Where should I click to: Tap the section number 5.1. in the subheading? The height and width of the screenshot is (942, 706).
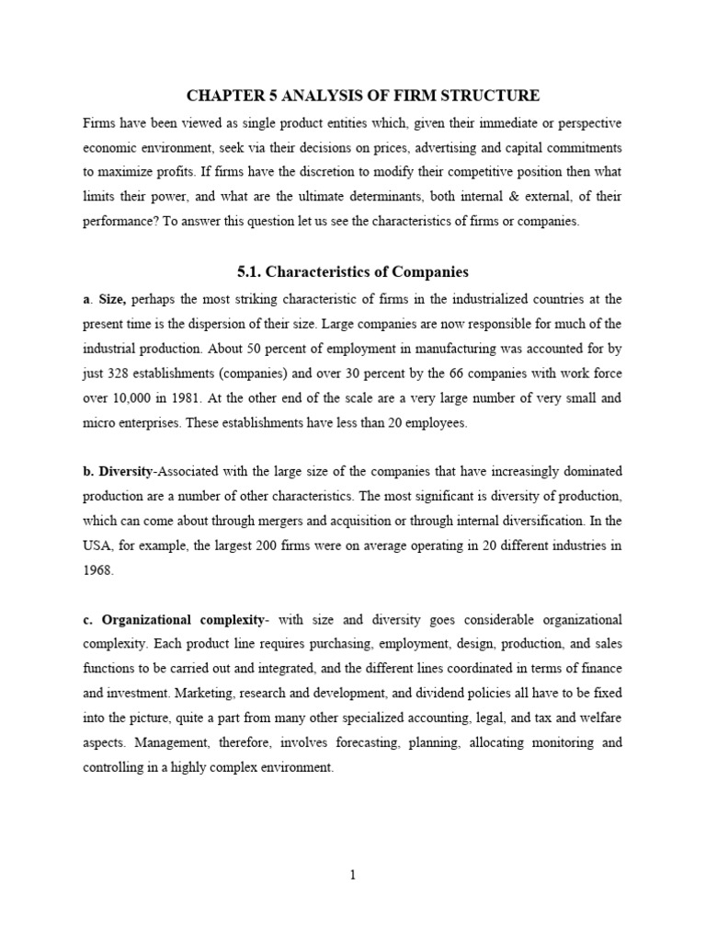click(253, 271)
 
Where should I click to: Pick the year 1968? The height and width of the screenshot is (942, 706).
click(97, 570)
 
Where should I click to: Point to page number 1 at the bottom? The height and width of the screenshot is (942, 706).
click(352, 876)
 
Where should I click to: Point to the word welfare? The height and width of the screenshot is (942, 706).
click(599, 718)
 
